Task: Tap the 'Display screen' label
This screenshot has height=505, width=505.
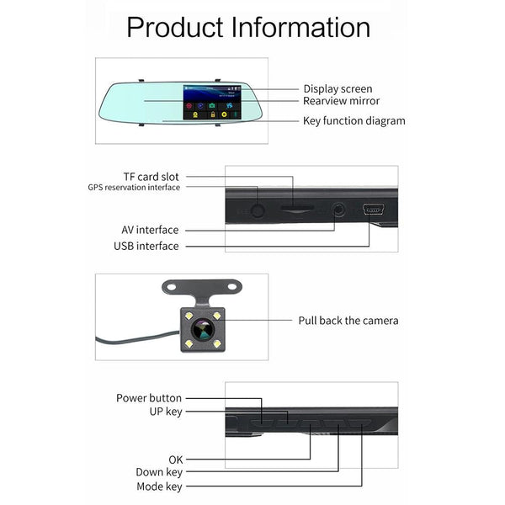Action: coord(338,88)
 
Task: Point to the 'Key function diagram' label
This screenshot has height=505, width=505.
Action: coord(353,120)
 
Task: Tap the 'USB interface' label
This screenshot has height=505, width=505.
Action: coord(146,246)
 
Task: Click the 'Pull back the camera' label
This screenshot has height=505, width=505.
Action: coord(348,320)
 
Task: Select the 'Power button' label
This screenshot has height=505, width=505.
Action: coord(149,398)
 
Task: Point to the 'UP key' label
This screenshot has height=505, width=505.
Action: coord(165,412)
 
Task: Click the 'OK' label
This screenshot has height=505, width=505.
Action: coord(175,460)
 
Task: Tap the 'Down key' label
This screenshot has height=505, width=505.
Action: coord(158,473)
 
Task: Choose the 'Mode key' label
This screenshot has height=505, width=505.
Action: coord(159,486)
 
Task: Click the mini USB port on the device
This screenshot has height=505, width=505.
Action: coord(372,209)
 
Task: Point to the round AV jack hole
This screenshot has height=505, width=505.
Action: coord(339,208)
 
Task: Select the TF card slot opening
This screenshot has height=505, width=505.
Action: coord(293,211)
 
